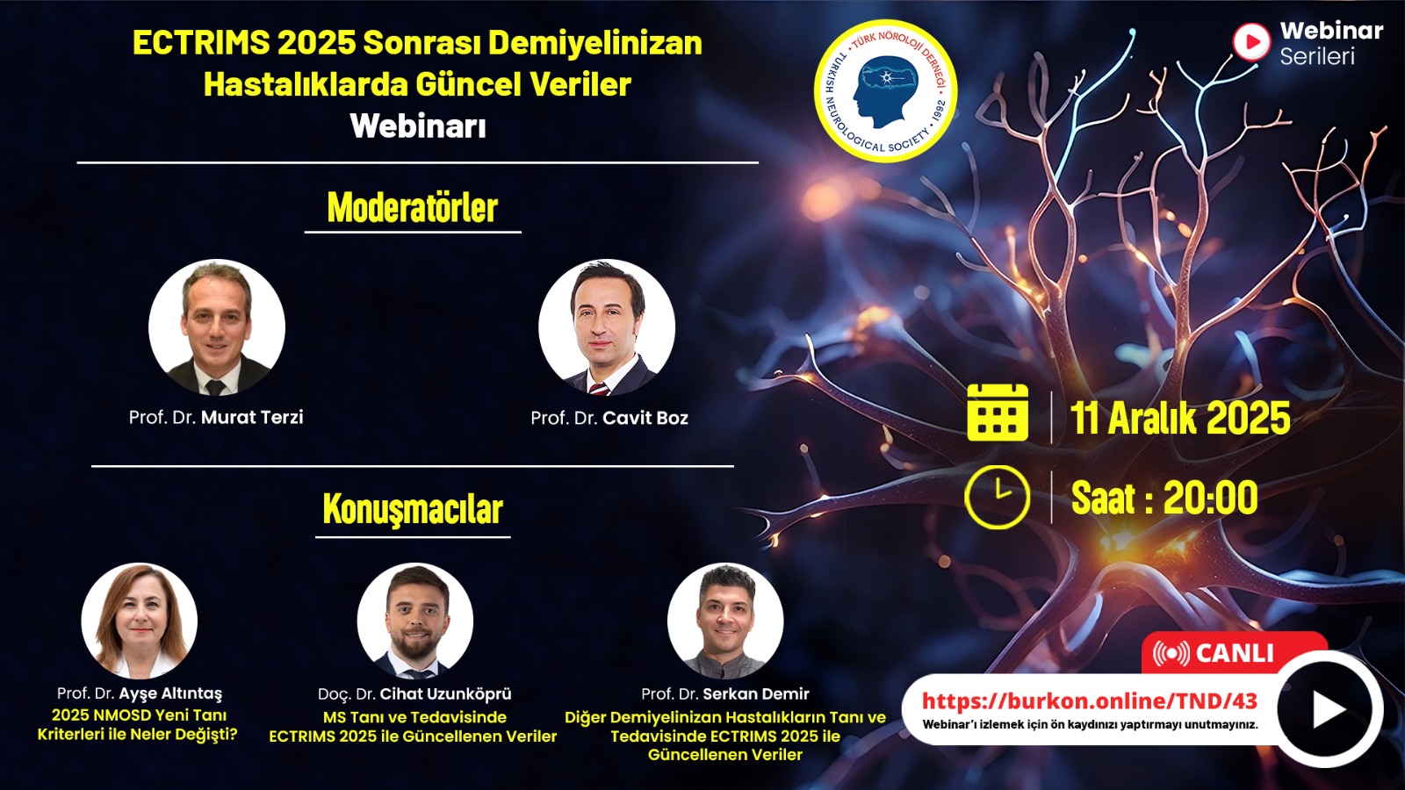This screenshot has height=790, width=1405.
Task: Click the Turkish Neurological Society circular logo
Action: pyautogui.click(x=885, y=91)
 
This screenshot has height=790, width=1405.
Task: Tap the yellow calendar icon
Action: pyautogui.click(x=998, y=413)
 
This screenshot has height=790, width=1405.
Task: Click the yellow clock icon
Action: pyautogui.click(x=998, y=497)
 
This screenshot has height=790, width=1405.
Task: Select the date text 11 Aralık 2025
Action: pyautogui.click(x=1180, y=418)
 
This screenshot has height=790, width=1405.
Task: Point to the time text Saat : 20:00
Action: pyautogui.click(x=1164, y=498)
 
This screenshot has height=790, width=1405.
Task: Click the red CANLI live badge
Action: pyautogui.click(x=1234, y=653)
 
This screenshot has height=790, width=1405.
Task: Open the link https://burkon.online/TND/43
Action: pyautogui.click(x=1090, y=700)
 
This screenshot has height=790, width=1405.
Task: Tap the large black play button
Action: pyautogui.click(x=1329, y=709)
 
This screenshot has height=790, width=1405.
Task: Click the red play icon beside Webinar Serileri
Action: pyautogui.click(x=1251, y=42)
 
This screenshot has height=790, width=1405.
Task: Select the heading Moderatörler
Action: pyautogui.click(x=413, y=207)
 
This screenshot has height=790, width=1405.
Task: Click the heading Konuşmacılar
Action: pyautogui.click(x=413, y=509)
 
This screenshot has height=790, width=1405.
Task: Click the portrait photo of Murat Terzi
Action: pyautogui.click(x=216, y=327)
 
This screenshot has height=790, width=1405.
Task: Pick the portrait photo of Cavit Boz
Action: pyautogui.click(x=607, y=327)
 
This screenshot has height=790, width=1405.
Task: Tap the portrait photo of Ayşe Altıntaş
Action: pyautogui.click(x=140, y=621)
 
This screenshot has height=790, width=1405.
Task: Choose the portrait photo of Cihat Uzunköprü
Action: pyautogui.click(x=415, y=621)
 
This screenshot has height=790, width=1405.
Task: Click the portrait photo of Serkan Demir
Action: pyautogui.click(x=725, y=621)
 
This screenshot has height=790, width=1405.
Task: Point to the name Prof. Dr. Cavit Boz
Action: pyautogui.click(x=609, y=418)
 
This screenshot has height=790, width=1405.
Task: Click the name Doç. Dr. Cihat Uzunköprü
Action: pyautogui.click(x=414, y=694)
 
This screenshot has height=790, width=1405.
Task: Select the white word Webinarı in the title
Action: pyautogui.click(x=418, y=126)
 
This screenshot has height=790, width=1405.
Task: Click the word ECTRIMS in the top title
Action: pyautogui.click(x=201, y=43)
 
